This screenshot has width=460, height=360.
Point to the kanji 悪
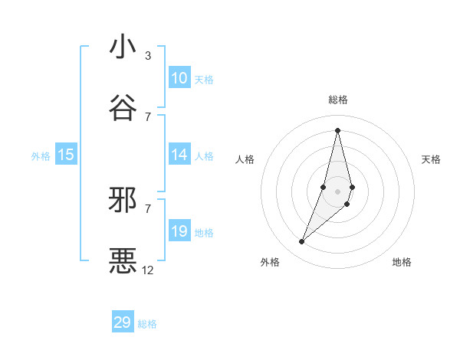(x=123, y=260)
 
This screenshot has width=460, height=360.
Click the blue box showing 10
(x=179, y=78)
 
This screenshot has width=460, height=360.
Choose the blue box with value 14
(x=179, y=155)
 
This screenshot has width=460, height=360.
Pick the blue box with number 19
(x=179, y=231)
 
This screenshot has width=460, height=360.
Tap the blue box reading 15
(x=66, y=155)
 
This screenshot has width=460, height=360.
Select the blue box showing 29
(x=123, y=322)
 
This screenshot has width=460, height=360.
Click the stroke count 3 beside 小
(x=148, y=56)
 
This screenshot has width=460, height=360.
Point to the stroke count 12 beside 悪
(x=148, y=270)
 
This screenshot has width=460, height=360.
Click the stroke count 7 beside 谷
(x=148, y=116)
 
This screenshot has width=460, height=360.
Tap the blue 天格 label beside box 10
(x=204, y=80)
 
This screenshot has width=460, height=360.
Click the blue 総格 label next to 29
(x=147, y=324)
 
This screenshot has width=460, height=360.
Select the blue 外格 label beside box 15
(x=41, y=156)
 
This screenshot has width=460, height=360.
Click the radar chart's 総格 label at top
(x=338, y=100)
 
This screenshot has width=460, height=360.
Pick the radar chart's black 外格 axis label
(x=270, y=262)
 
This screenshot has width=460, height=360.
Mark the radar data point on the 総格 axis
(x=337, y=130)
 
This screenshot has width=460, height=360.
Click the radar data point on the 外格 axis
(x=301, y=242)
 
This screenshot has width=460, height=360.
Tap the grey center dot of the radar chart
(x=337, y=191)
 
